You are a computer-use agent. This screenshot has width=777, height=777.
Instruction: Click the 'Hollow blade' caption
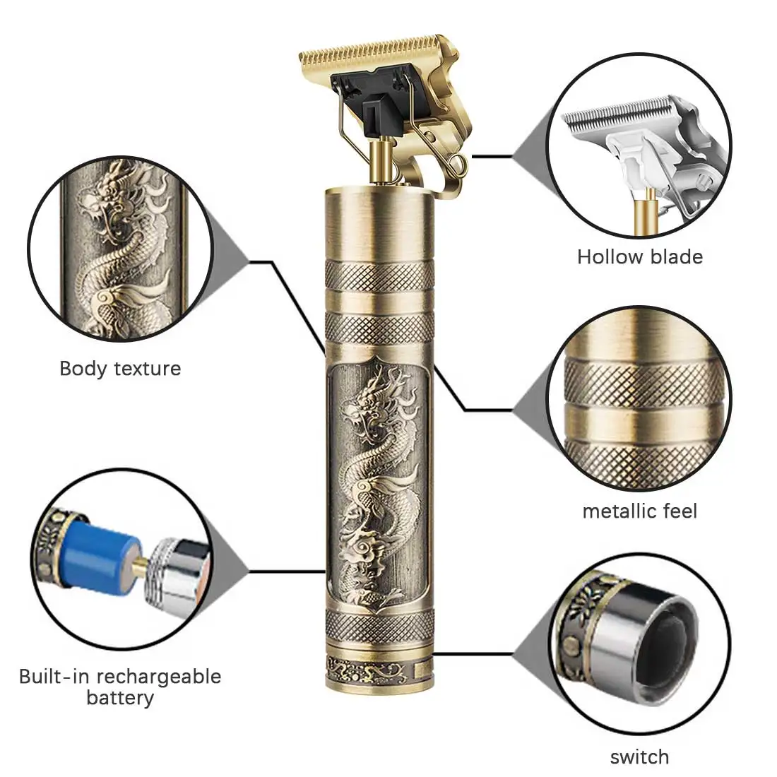tap(640, 257)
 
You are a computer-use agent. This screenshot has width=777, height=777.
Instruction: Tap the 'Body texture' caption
tap(120, 369)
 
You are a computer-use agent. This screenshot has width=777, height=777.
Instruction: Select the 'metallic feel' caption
tap(640, 511)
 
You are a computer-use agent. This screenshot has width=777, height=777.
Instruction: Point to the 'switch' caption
tap(639, 757)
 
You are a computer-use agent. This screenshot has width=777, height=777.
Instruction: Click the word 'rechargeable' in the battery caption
tap(158, 677)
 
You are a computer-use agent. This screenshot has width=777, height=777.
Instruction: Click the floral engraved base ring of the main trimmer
tap(379, 671)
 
